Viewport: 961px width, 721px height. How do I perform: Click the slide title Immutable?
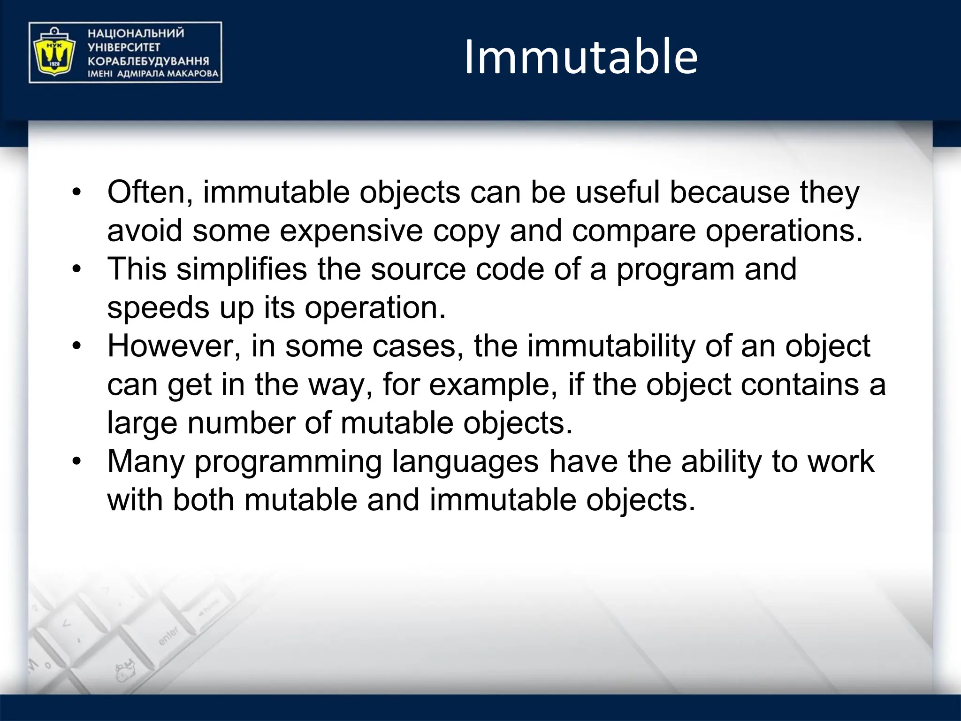point(581,57)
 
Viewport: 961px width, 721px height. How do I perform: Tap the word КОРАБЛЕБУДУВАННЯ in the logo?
point(148,61)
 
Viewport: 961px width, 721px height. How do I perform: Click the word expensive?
point(351,231)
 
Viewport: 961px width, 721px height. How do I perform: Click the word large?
point(142,423)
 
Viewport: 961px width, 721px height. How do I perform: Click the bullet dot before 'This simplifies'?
point(77,269)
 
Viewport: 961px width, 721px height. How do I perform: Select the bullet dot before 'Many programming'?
point(77,462)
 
